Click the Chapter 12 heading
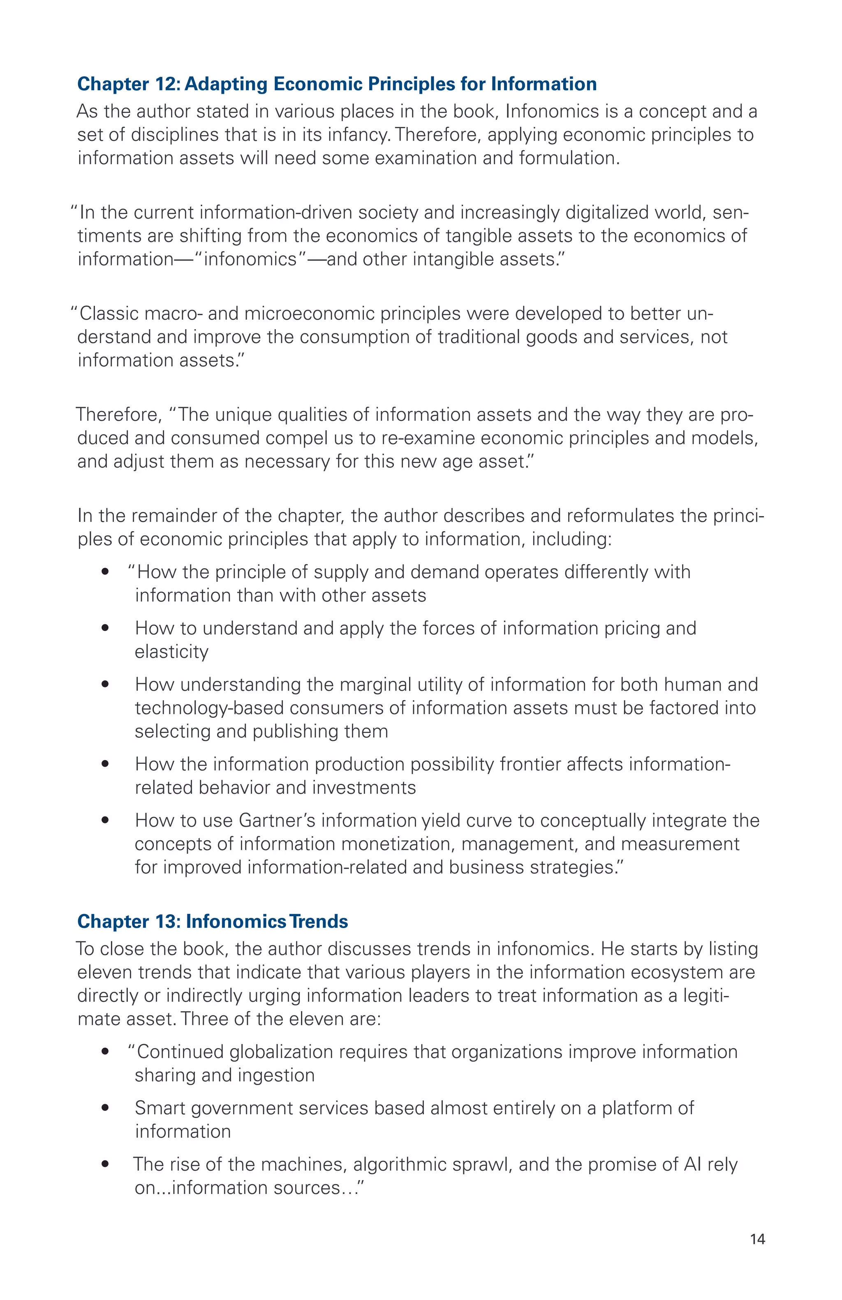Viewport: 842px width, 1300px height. coord(337,84)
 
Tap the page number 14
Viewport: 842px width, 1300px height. coord(757,1239)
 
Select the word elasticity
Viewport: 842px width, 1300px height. coord(171,652)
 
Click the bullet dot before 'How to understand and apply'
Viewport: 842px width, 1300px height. coord(105,628)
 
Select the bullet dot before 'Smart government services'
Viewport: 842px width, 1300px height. coord(105,1108)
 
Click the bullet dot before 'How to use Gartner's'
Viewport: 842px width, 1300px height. coord(105,821)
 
